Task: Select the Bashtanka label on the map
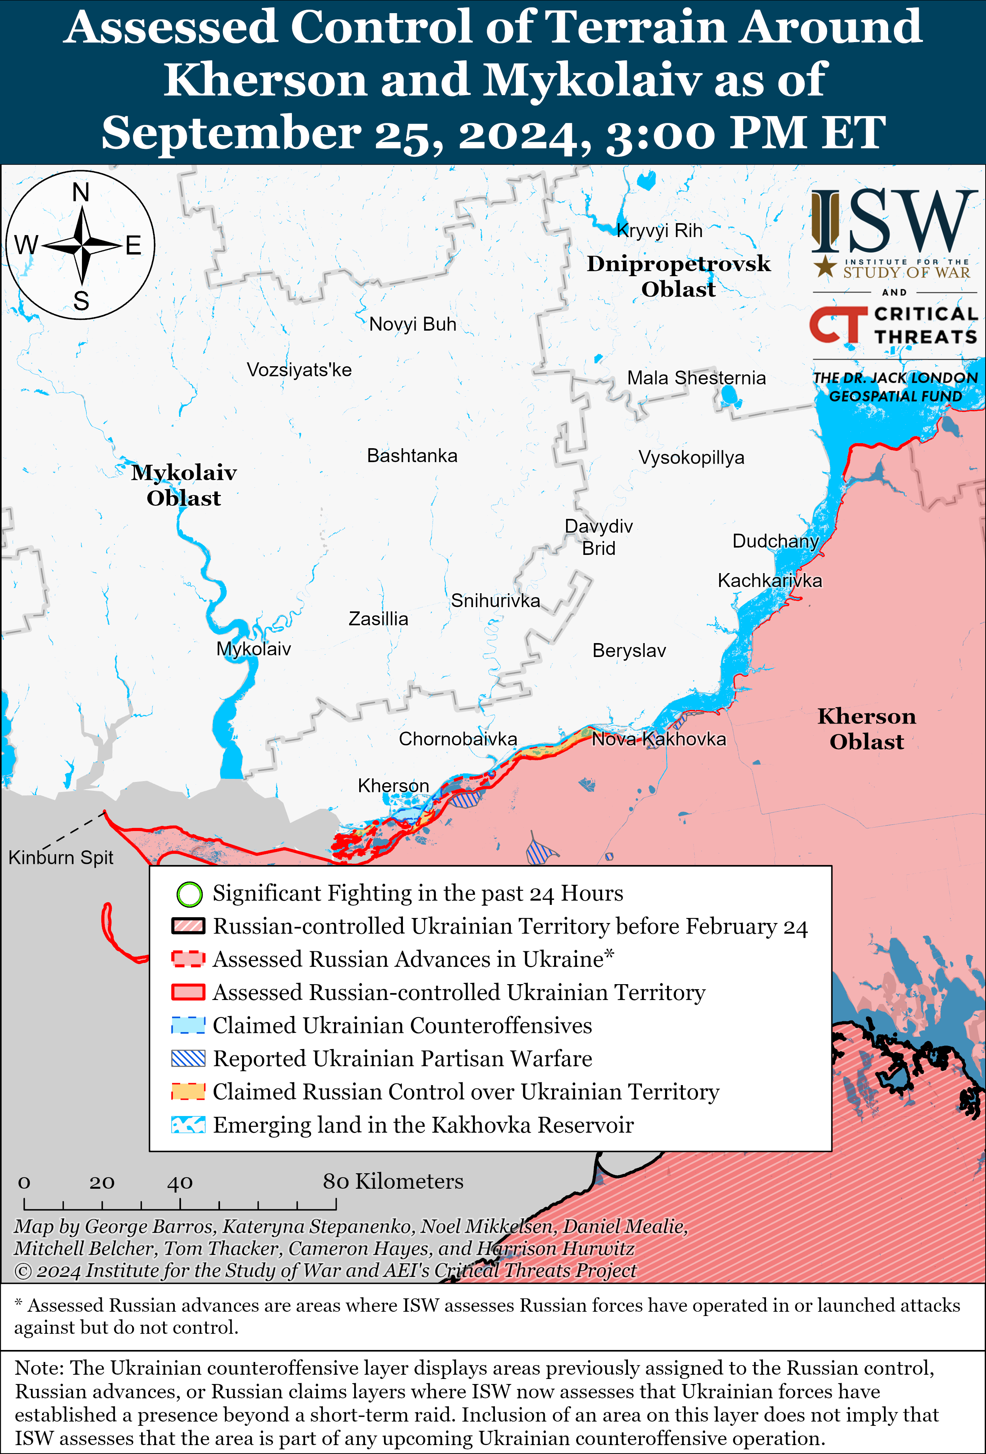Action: pos(412,456)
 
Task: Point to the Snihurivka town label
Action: pos(495,601)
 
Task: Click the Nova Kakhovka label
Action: pos(659,739)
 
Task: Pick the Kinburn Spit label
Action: pos(61,857)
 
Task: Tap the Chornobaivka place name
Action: pos(457,739)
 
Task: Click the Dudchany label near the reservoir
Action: pos(775,541)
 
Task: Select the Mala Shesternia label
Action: pos(696,378)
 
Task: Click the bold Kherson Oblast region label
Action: pos(867,729)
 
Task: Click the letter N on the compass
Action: pos(81,192)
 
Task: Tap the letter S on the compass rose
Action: pos(81,301)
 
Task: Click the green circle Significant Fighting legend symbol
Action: pos(189,894)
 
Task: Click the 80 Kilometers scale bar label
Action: pos(393,1181)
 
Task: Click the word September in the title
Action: pos(232,133)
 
